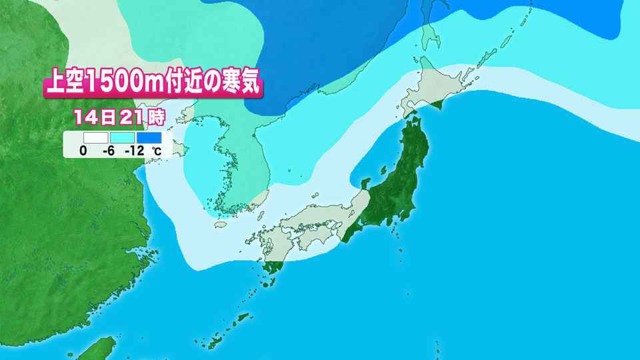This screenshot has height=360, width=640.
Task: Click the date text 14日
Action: tap(94, 118)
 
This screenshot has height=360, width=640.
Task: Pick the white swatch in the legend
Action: tap(86, 137)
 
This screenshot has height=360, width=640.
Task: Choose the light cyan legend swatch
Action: tap(120, 137)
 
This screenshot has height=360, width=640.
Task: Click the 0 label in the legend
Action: tap(83, 151)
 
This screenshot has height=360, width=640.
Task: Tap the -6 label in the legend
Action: tap(109, 151)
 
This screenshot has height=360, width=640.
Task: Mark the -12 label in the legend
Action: tap(135, 151)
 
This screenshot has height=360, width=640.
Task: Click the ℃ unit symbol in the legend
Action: tap(156, 151)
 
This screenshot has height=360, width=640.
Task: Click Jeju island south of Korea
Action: tap(219, 225)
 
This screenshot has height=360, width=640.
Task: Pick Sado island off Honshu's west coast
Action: tap(365, 182)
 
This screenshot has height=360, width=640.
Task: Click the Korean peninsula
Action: tap(230, 170)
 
